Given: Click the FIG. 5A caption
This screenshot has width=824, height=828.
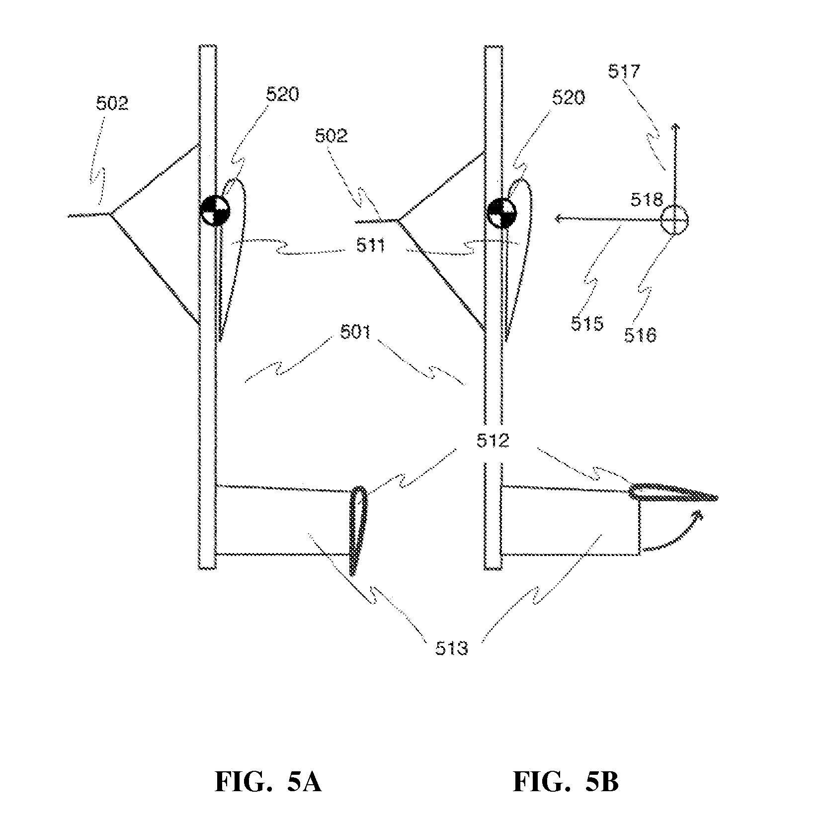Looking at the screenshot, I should click(268, 782).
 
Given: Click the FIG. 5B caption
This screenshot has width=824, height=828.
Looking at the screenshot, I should click(566, 782).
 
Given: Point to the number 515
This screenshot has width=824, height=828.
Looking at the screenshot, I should click(587, 324).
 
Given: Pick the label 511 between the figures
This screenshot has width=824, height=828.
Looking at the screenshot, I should click(371, 245).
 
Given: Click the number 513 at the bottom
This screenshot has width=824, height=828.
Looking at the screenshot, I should click(452, 648).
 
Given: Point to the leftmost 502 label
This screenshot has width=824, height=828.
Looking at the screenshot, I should click(112, 103).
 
